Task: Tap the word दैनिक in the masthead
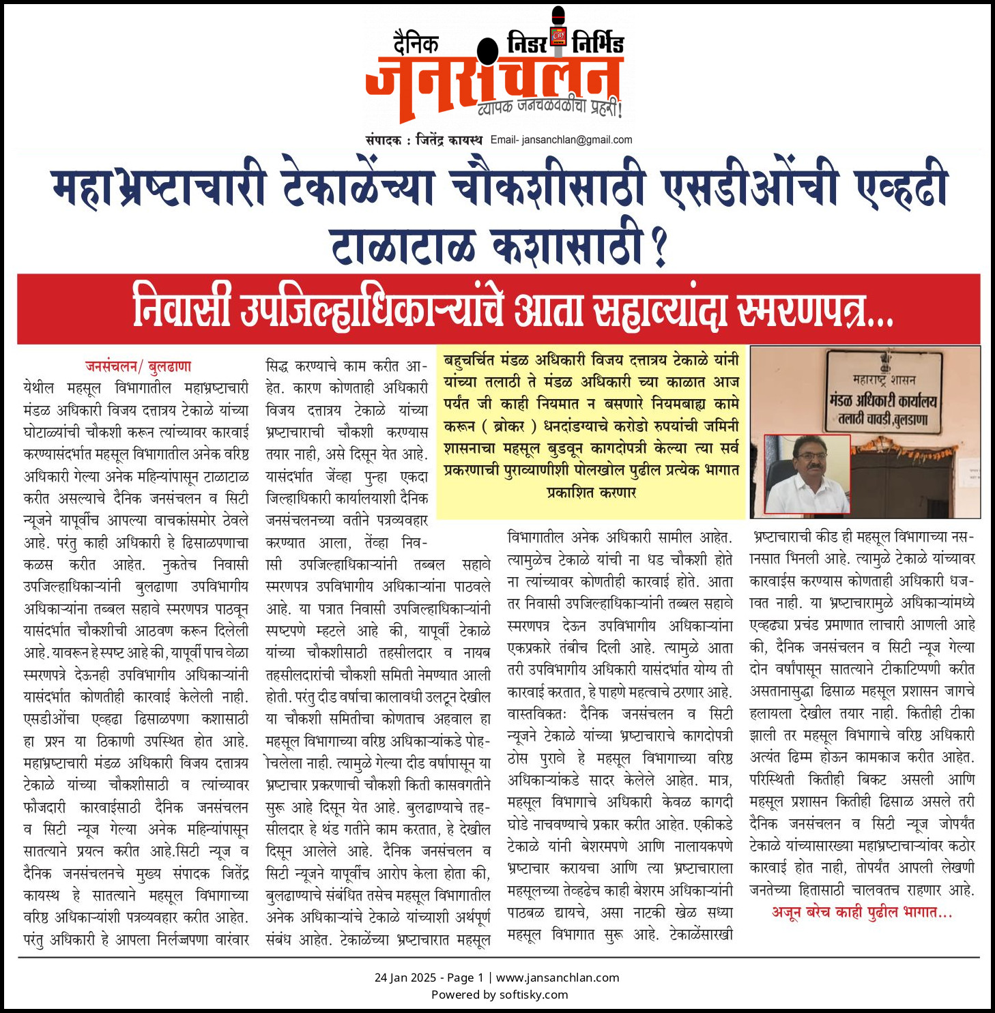click(416, 44)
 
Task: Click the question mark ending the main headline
click(659, 247)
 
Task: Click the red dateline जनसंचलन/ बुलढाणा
click(138, 366)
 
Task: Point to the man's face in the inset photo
click(808, 464)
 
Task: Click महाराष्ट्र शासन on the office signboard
click(884, 379)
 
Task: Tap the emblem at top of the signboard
click(886, 360)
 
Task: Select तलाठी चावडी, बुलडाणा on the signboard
click(883, 419)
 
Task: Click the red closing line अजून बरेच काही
click(861, 912)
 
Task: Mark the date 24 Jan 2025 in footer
click(405, 978)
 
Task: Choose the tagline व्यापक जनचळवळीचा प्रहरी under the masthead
click(549, 108)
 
